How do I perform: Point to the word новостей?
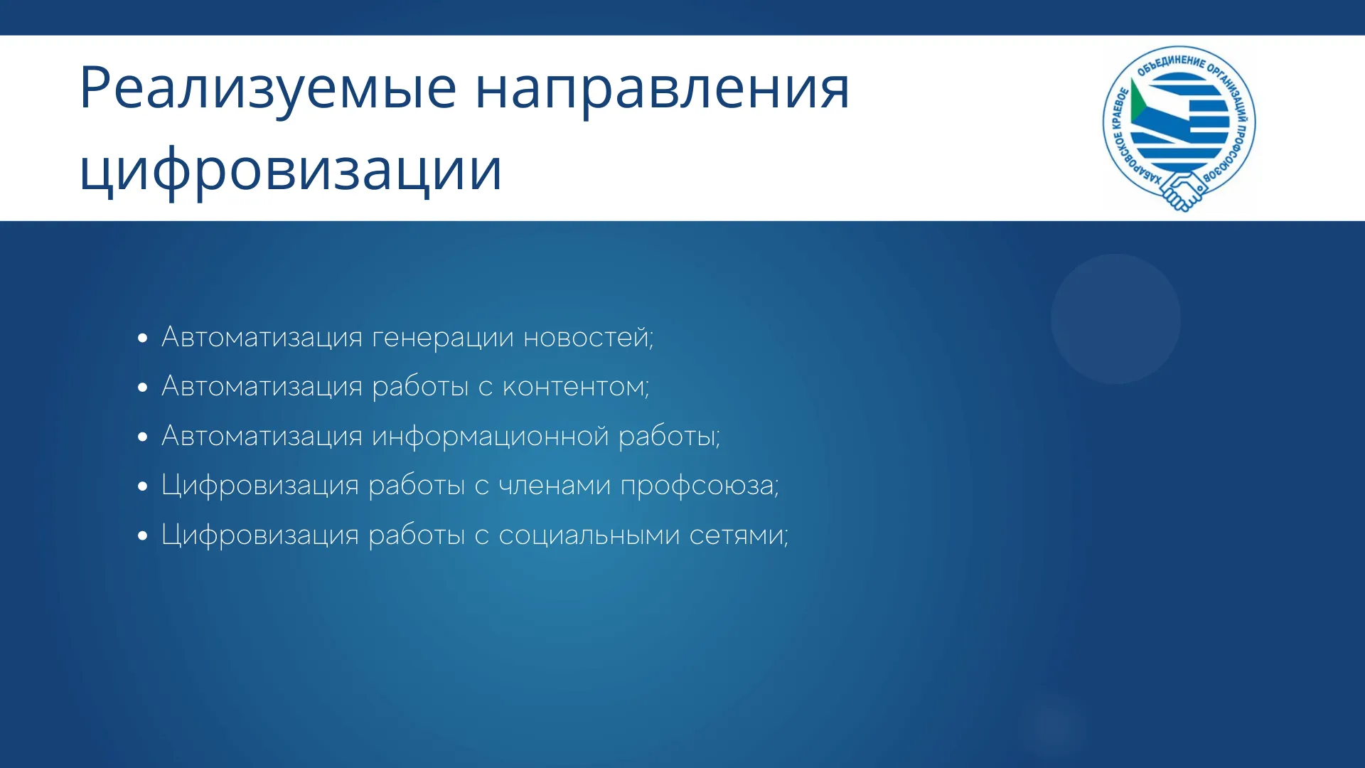coord(588,336)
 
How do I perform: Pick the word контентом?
coord(575,387)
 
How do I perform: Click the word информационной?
coord(491,436)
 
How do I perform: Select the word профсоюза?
coord(700,486)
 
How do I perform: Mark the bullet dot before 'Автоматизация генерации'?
coord(144,338)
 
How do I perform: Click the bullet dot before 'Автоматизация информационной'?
coord(144,437)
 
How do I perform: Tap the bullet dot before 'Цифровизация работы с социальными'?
coord(144,536)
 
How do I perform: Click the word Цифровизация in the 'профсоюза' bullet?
coord(260,486)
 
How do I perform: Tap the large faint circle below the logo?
coord(1115,319)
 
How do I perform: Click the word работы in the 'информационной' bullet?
coord(668,436)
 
